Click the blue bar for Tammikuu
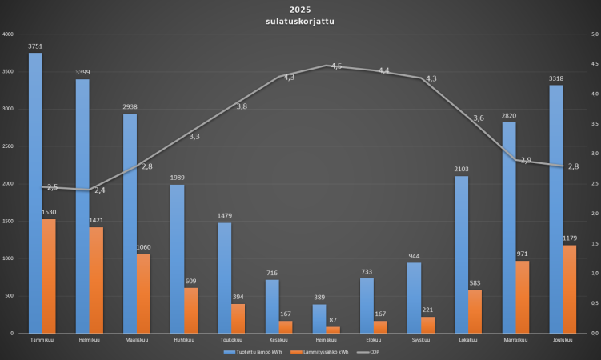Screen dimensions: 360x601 (35, 192)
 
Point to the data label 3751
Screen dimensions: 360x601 (35, 46)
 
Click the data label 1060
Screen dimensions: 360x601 (143, 247)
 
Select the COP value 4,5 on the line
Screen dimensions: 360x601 (336, 66)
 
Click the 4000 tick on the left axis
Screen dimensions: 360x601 (8, 34)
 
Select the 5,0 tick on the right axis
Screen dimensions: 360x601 (595, 34)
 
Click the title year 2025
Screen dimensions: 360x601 (300, 10)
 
